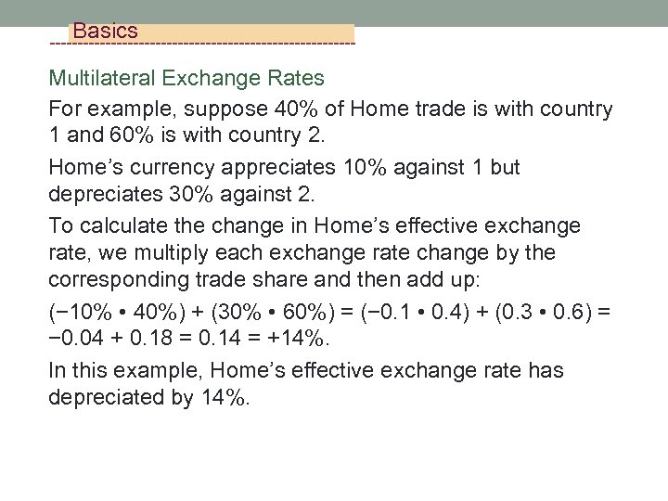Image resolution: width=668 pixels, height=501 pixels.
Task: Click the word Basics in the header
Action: tap(105, 32)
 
